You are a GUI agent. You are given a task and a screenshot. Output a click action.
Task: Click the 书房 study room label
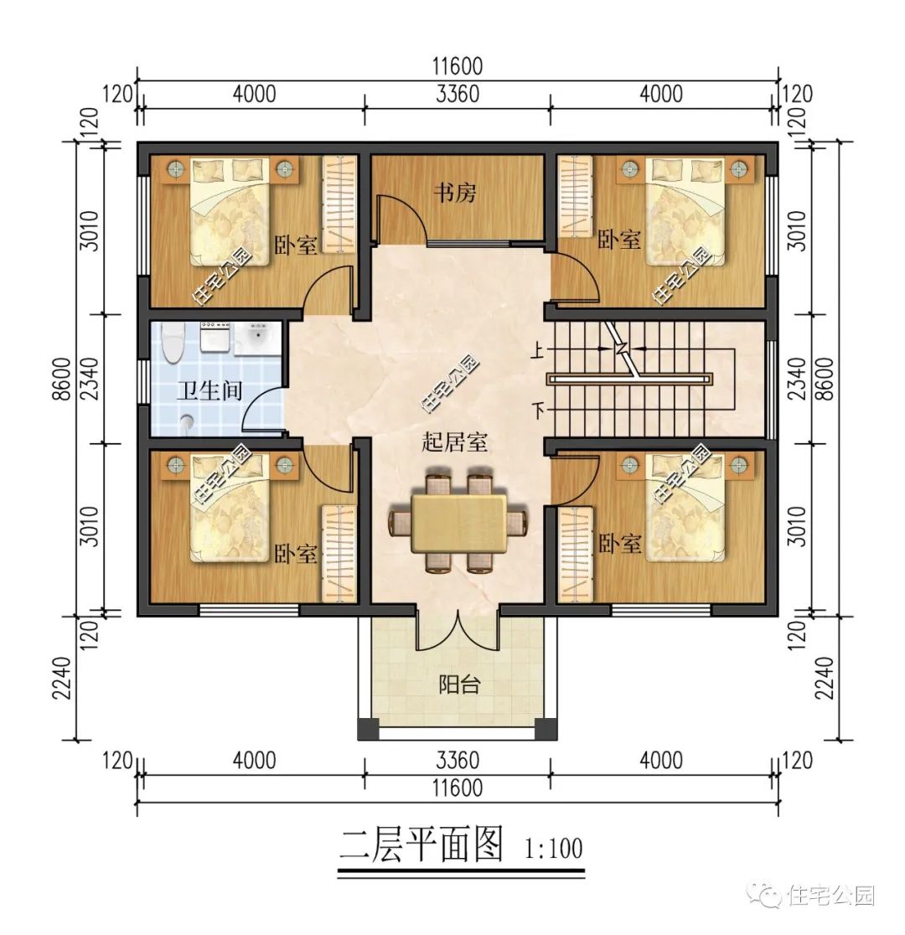tap(454, 194)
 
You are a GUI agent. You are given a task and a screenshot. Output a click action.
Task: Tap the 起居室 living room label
tap(455, 443)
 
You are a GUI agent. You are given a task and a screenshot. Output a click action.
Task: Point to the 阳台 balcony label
tap(459, 684)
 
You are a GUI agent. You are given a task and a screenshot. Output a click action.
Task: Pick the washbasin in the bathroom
tap(256, 339)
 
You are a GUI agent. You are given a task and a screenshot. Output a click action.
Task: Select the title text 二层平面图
tap(421, 846)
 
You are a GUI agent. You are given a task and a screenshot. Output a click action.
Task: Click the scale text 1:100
tap(553, 849)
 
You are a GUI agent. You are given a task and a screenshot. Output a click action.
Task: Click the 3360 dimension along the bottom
tap(458, 761)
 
